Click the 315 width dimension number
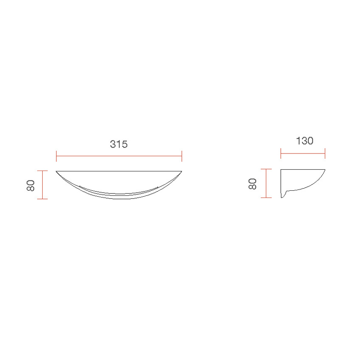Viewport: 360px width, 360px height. (119, 144)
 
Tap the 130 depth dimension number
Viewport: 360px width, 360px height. (305, 141)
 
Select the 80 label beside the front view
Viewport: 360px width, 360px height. (31, 185)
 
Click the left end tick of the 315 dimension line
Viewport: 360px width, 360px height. (56, 156)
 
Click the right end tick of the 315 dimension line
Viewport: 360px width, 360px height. (182, 156)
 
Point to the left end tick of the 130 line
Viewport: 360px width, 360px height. (281, 154)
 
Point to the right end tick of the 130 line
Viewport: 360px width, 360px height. (325, 154)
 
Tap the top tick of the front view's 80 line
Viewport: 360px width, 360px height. (42, 171)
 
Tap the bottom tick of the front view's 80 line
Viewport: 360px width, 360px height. (42, 199)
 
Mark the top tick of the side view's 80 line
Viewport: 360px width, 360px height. (267, 169)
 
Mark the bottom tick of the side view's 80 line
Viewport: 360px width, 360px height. (267, 198)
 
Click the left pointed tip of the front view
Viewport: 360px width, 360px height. (56, 171)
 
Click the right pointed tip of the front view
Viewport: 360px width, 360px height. (182, 171)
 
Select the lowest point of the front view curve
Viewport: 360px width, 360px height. (119, 199)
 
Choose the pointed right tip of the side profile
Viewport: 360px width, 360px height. (325, 169)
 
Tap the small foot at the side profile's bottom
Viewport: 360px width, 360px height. (283, 196)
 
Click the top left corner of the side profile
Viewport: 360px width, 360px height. (281, 170)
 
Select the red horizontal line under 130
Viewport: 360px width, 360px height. (303, 154)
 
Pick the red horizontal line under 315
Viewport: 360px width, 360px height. (119, 156)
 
